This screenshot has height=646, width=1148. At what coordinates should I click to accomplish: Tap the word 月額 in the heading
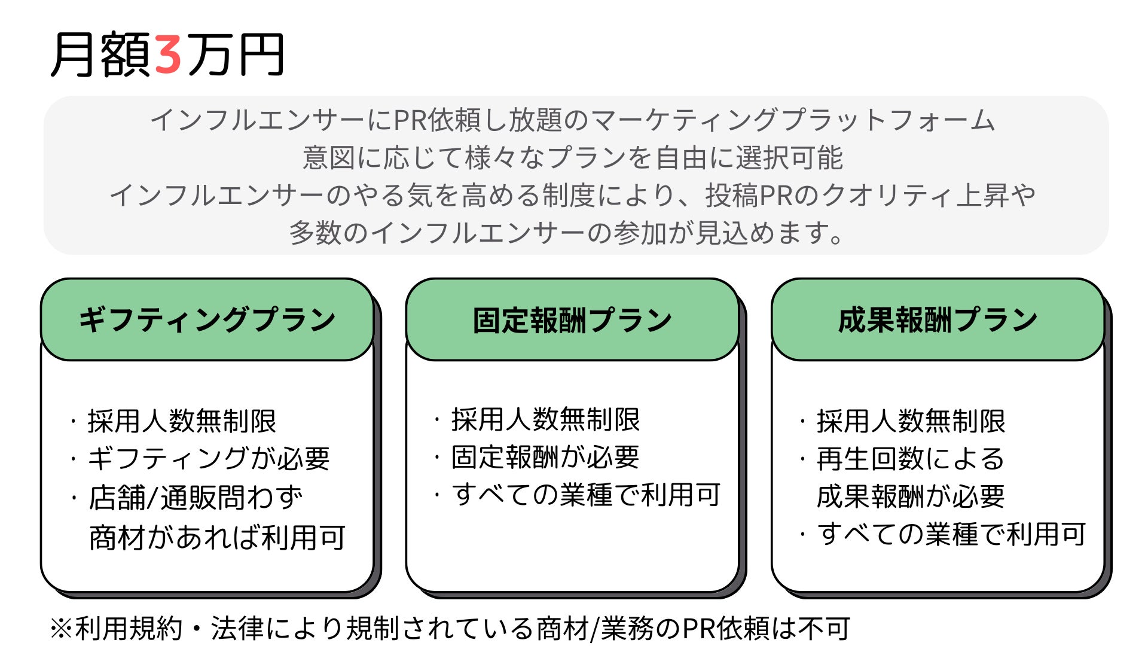(100, 55)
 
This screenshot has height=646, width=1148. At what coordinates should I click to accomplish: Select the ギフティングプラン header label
(207, 319)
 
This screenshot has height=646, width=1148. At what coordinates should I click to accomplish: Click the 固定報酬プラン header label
(572, 321)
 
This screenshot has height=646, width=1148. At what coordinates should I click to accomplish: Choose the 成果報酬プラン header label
(938, 319)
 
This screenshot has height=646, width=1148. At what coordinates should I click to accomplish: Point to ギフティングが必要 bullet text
(209, 459)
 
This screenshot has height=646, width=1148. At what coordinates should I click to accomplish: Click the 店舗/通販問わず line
(196, 498)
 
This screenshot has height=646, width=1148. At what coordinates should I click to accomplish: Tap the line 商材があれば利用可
(217, 537)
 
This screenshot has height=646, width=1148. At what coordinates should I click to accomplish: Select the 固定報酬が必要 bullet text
(545, 457)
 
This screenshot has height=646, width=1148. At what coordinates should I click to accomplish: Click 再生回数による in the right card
(910, 459)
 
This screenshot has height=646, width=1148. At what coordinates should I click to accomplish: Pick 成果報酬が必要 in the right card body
(910, 496)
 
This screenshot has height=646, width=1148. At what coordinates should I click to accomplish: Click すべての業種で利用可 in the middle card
(586, 495)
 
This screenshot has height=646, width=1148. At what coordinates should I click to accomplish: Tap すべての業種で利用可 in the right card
(951, 534)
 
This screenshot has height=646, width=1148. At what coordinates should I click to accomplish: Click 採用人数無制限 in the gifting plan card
(182, 421)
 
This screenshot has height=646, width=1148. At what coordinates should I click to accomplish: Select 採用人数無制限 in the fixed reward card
(545, 419)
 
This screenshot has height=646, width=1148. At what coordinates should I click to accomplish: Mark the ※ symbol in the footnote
(61, 628)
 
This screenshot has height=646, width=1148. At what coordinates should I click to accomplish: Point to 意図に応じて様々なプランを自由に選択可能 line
(572, 158)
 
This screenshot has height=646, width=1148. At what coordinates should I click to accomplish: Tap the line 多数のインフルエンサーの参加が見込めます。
(566, 233)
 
